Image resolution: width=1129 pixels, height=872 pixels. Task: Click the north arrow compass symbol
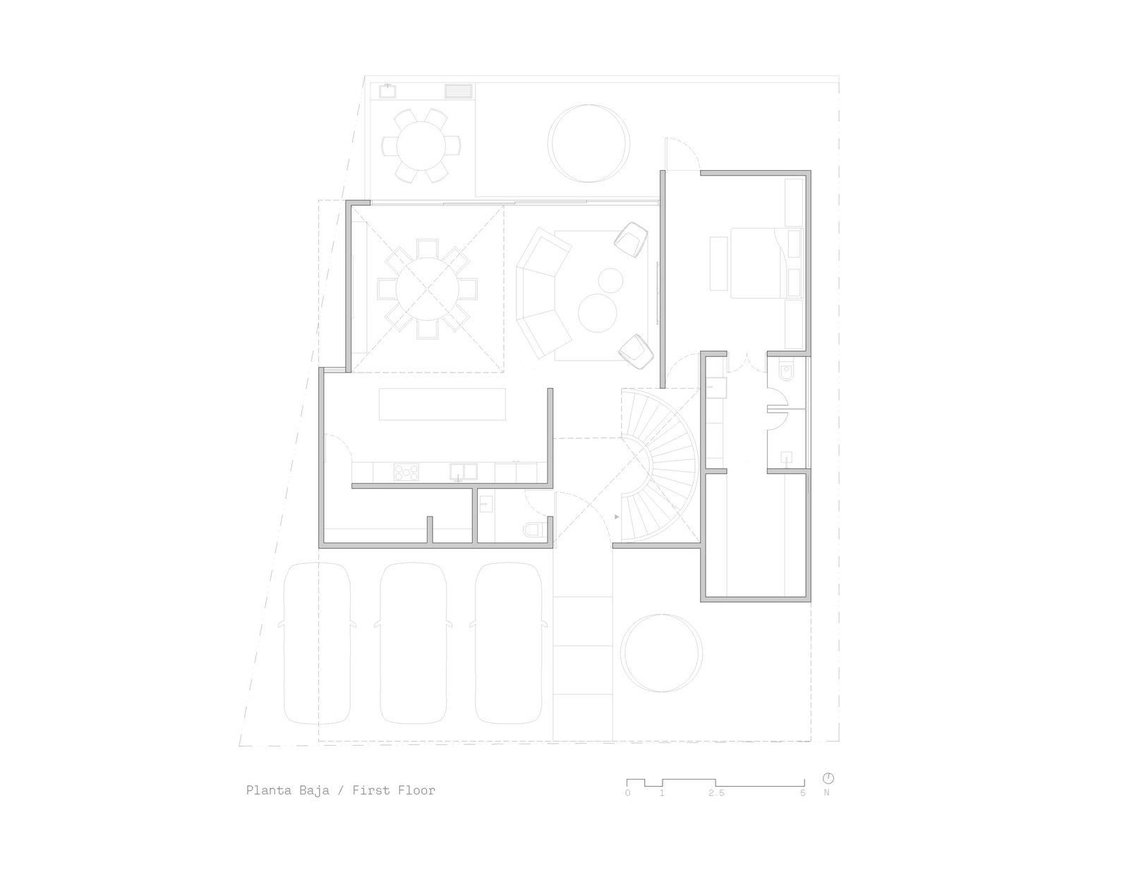[828, 778]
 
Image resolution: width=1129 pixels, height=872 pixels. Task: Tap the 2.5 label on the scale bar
[716, 793]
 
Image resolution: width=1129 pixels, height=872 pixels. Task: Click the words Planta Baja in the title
[287, 790]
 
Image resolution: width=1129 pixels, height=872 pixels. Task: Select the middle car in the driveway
[413, 643]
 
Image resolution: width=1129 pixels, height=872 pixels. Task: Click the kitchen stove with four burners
[406, 472]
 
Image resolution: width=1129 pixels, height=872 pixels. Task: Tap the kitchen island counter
[442, 404]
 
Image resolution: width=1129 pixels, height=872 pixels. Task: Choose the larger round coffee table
[598, 313]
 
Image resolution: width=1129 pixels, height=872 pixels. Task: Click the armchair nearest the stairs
[636, 351]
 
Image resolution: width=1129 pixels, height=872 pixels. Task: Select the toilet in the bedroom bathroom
[786, 373]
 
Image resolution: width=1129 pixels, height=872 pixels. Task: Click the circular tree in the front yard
[661, 653]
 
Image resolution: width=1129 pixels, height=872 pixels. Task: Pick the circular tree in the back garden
[588, 143]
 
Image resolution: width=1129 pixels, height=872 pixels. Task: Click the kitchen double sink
[464, 471]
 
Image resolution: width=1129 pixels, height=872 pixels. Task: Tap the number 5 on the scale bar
[803, 793]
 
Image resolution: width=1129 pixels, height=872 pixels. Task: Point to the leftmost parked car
[318, 643]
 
